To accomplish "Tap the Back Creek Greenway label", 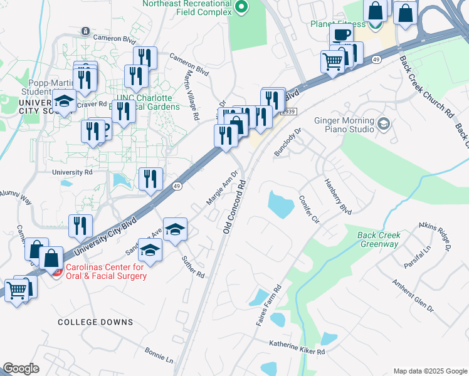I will [378, 239].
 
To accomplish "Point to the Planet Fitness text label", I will [338, 24].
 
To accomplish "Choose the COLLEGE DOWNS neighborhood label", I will [95, 322].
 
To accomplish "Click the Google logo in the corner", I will [21, 368].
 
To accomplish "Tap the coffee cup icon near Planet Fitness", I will [340, 34].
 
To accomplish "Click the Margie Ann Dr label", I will [222, 187].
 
